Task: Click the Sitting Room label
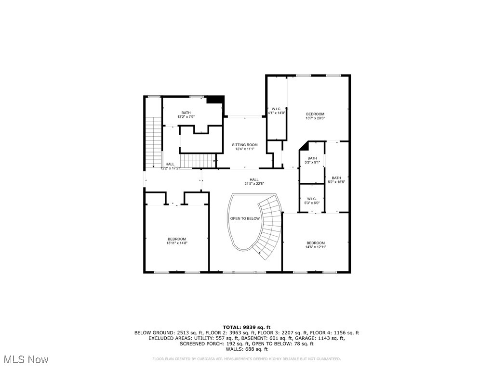(x=244, y=145)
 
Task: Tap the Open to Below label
(x=244, y=218)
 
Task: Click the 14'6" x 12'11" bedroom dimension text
(x=315, y=247)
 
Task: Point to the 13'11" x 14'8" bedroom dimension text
(x=177, y=243)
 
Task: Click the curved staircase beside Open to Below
(x=270, y=226)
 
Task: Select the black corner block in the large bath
(x=215, y=100)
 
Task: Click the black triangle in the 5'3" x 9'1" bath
(x=304, y=146)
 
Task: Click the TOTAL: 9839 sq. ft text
(x=246, y=328)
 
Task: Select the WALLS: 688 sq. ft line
(x=246, y=349)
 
